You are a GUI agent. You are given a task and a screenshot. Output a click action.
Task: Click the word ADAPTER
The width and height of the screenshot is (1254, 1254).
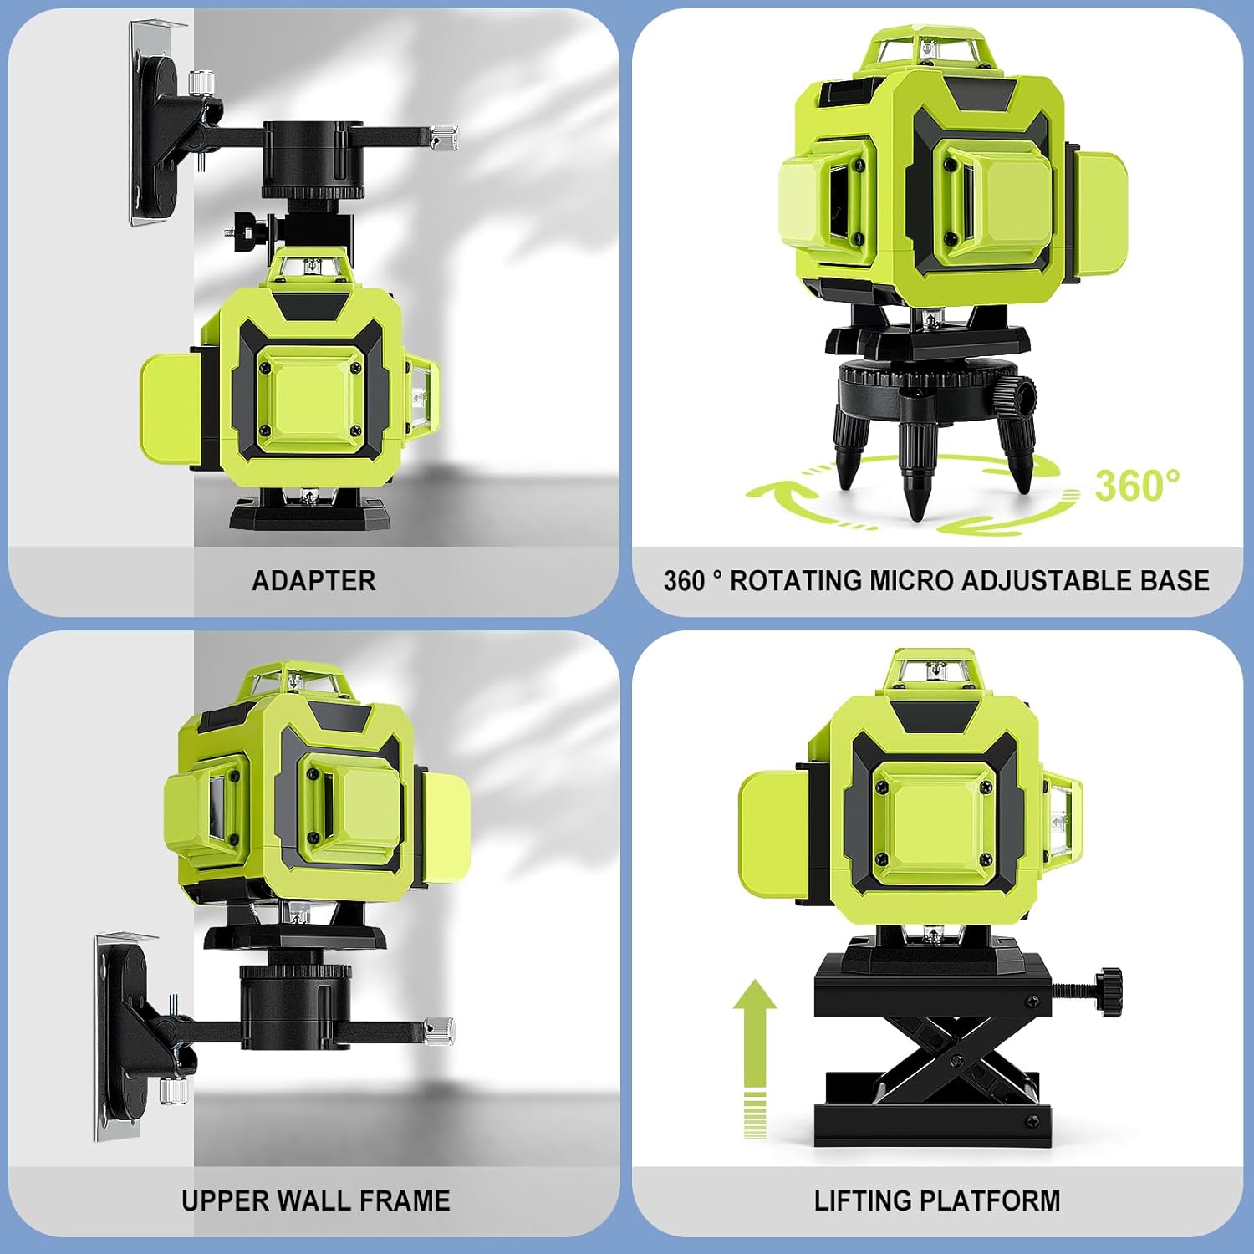coord(313,581)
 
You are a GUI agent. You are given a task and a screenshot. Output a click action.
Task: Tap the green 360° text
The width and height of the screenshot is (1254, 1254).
coord(1137,486)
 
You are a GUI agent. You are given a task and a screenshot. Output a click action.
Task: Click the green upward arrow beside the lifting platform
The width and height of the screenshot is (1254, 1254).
coord(755,1058)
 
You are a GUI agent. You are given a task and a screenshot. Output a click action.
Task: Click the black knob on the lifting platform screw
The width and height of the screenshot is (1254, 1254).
coord(1109,991)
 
